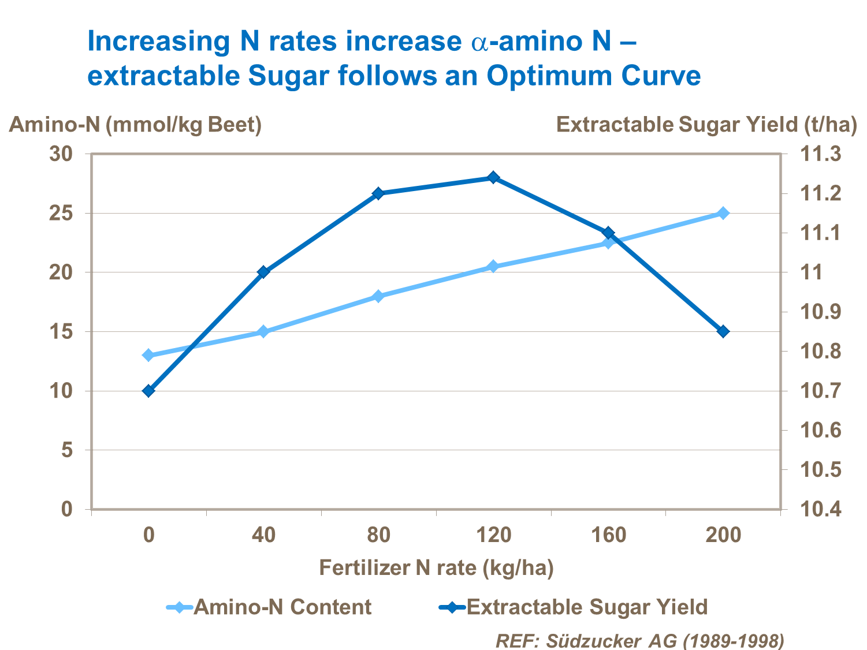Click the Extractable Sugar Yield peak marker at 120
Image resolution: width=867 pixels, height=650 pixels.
pos(493,177)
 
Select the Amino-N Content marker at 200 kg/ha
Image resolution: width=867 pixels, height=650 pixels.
pos(723,213)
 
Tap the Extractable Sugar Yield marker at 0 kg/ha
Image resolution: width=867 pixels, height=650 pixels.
pos(148,391)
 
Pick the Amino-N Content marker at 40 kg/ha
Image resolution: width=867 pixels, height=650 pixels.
pos(263,331)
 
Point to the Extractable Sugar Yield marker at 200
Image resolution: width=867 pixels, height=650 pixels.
pos(723,331)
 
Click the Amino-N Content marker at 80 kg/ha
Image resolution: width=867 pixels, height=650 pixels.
pos(378,296)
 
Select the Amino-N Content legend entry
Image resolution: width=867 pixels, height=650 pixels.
pos(269,607)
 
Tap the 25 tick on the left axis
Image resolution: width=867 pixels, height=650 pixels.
pos(61,214)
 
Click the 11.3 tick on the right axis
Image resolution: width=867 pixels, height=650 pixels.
pos(820,154)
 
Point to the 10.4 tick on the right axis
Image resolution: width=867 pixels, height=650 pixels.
pos(820,509)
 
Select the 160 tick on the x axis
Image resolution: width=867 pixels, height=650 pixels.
pos(608,535)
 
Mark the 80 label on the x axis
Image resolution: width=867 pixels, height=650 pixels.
pos(378,535)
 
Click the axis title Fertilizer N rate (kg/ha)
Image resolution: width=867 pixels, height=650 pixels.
pos(436,568)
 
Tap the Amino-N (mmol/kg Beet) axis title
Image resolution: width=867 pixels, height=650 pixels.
pos(135,125)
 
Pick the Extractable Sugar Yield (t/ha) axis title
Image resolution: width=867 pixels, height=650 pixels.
pos(706,125)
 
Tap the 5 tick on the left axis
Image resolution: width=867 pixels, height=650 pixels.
pos(67,450)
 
